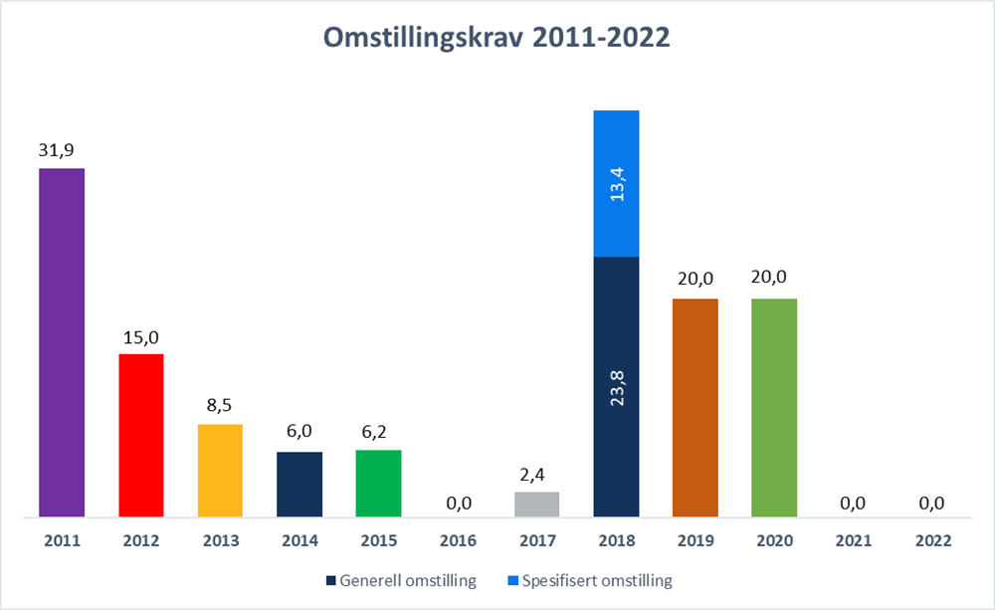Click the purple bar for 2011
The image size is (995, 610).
tap(62, 343)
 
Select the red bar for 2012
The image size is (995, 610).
tap(141, 436)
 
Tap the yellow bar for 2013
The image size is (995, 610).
tap(220, 471)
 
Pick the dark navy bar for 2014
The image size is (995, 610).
tap(299, 485)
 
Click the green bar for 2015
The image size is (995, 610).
tap(378, 484)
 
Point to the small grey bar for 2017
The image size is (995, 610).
tap(537, 505)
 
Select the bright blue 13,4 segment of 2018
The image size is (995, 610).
tap(616, 183)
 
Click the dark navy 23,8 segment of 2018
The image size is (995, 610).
tap(616, 387)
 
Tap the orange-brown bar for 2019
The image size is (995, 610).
tap(695, 408)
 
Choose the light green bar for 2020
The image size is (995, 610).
tap(774, 408)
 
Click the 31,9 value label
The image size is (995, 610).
tap(62, 150)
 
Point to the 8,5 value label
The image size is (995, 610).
tap(220, 406)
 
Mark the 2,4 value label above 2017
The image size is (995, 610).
tap(537, 474)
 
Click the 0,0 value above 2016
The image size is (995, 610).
tap(458, 504)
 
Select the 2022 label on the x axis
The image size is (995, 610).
tap(932, 542)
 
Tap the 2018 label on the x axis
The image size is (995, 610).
tap(616, 542)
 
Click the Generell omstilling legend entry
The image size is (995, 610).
tap(403, 580)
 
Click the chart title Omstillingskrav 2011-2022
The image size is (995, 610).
tap(497, 38)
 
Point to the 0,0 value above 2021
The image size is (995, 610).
tap(853, 504)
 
